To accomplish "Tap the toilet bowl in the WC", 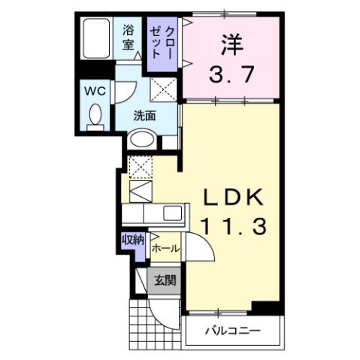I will click(x=95, y=115).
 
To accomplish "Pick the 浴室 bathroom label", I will click(x=129, y=38).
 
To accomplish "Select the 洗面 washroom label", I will click(x=144, y=116).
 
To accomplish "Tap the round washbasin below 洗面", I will click(x=141, y=139).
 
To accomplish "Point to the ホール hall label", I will click(x=165, y=247).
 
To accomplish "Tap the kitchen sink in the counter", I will click(x=172, y=213).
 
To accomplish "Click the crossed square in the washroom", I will click(x=163, y=92).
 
